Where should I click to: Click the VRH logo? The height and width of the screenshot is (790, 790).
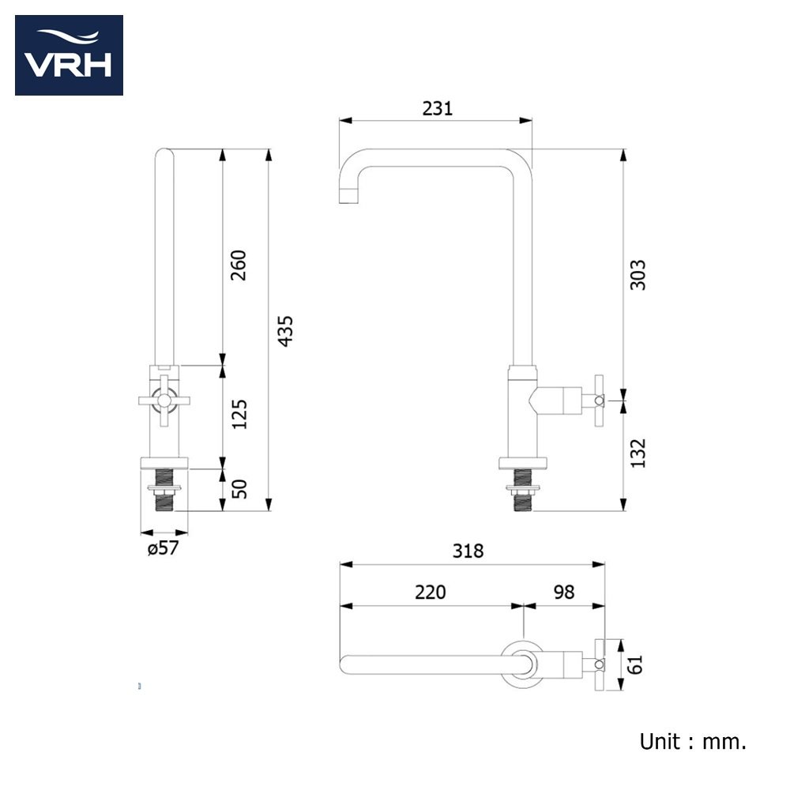point(69,55)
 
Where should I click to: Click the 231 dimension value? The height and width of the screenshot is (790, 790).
point(438,108)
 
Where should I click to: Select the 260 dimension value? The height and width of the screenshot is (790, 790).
point(239,265)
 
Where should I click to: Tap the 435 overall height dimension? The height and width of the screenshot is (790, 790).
point(285,331)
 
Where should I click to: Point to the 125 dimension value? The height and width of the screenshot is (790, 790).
point(239,414)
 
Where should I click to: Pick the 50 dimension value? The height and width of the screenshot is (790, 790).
point(239,489)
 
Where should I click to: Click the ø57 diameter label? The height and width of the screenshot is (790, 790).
point(164,548)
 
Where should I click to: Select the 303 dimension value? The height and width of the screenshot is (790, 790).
point(638,275)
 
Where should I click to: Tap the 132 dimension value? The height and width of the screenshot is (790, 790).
point(638,453)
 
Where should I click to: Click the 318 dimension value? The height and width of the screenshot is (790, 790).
point(468,551)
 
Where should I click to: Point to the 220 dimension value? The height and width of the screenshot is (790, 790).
point(431,592)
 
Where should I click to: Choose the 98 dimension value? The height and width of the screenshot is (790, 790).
point(564,592)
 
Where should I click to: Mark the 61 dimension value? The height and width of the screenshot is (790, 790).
point(635,664)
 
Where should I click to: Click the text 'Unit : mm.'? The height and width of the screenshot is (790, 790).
point(693,742)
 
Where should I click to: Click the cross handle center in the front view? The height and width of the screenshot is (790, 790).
point(164,401)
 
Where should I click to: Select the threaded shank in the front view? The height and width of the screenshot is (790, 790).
point(164,490)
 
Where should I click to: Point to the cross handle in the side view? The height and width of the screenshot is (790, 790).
point(599,401)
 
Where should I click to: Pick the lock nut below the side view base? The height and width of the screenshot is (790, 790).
point(523,488)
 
